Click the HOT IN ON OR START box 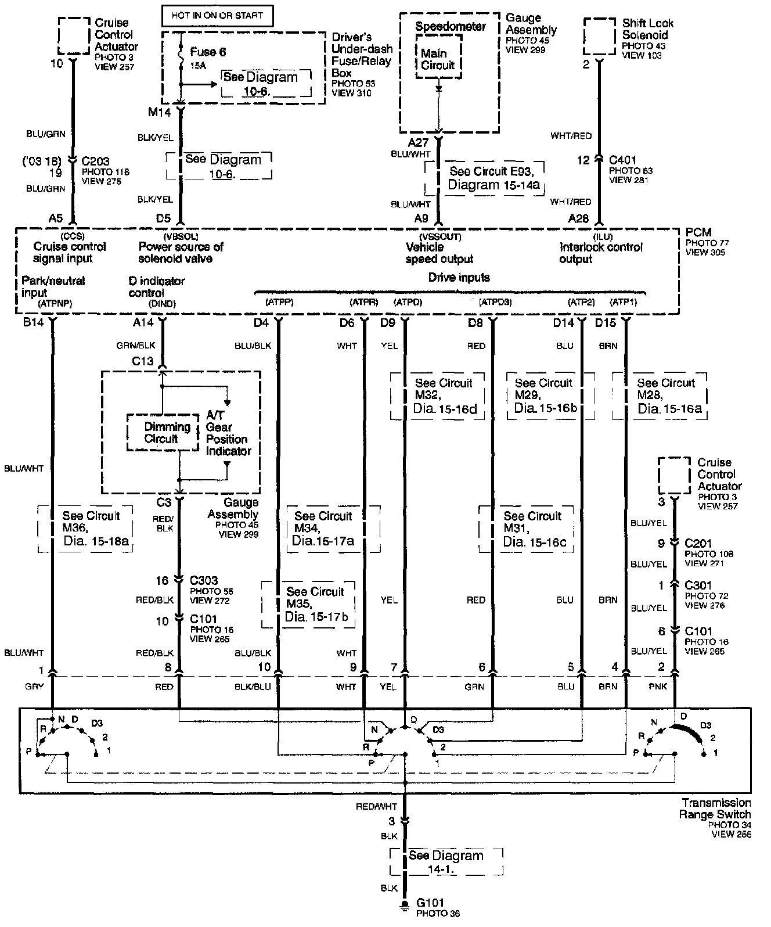(218, 16)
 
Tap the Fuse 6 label (207, 52)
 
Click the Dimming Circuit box (167, 433)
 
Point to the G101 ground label (430, 903)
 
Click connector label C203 (96, 161)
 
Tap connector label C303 (204, 580)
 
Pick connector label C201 (698, 544)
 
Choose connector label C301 (698, 585)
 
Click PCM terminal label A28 (578, 218)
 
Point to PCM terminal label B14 (33, 322)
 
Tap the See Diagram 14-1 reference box (446, 862)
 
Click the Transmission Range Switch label (715, 809)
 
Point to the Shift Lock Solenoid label (647, 29)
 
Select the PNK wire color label (660, 687)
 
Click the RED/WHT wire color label (377, 807)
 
